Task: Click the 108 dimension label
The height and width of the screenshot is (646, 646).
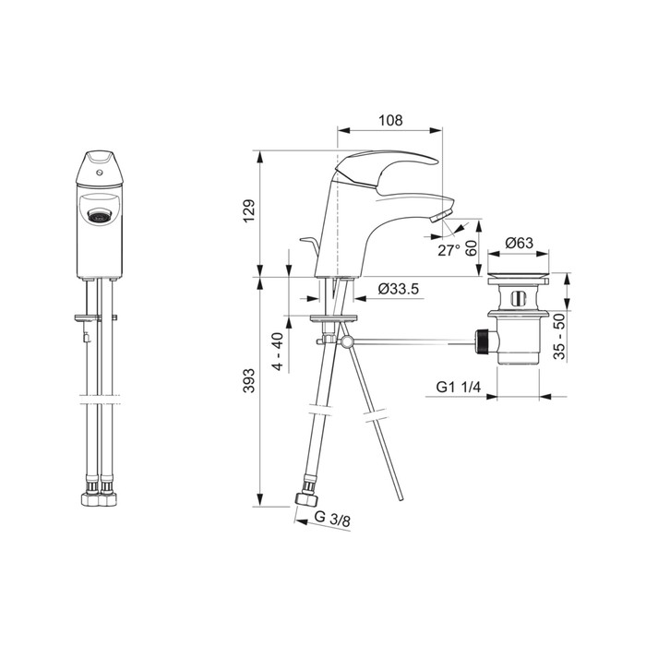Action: [390, 120]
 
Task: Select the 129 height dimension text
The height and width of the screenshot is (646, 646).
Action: [249, 211]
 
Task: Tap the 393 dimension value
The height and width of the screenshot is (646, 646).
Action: [249, 380]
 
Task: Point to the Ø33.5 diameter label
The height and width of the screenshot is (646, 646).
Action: [399, 289]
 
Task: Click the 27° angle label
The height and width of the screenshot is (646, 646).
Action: [449, 250]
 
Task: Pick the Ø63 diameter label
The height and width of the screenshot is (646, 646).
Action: [519, 243]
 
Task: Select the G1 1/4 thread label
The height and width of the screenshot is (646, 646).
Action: [458, 387]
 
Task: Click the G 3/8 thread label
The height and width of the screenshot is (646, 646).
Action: [332, 519]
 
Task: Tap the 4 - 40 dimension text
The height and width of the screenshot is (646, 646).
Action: [279, 352]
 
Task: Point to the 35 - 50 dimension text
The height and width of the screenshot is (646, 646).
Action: [559, 337]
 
